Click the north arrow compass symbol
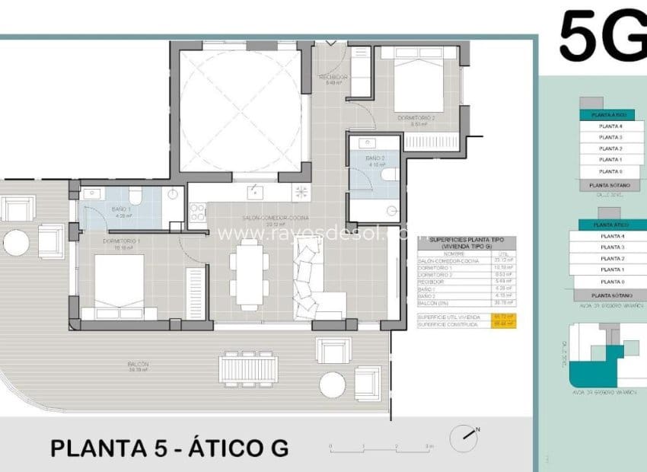464,437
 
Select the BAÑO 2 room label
368,159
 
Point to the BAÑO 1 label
122,209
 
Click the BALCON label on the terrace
139,365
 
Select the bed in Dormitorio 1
119,282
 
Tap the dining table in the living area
249,273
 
